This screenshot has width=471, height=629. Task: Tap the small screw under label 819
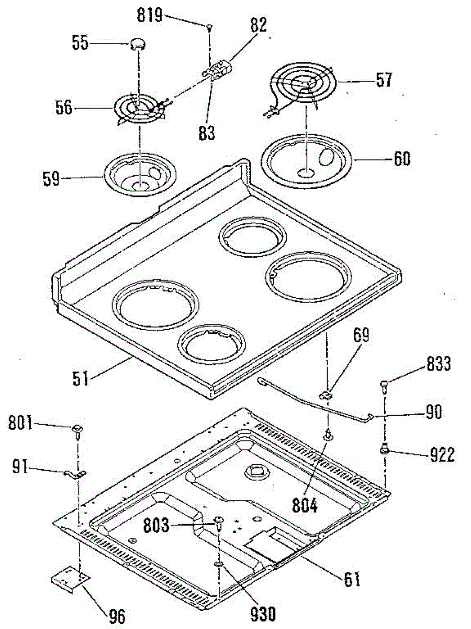209,27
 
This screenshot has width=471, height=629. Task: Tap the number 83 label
207,133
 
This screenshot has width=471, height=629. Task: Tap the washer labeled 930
219,564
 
